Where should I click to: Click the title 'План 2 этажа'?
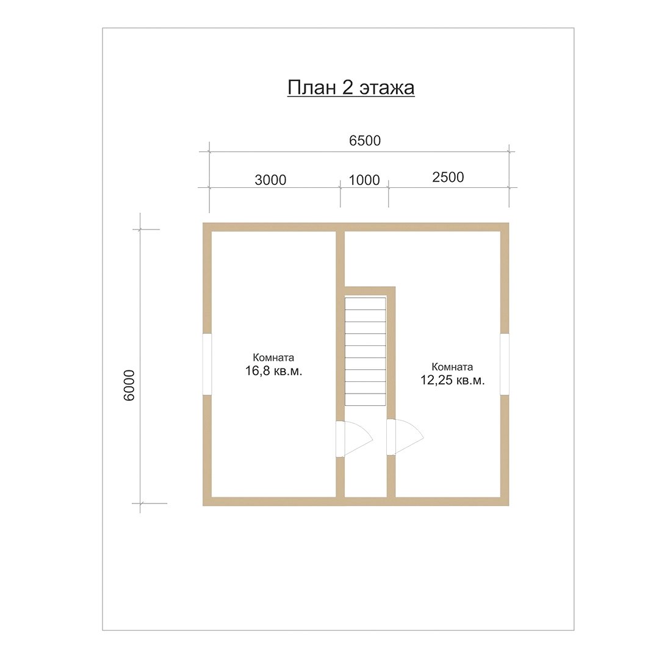click(x=351, y=88)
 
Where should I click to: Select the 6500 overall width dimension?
click(x=365, y=140)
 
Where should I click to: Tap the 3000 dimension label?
click(x=270, y=180)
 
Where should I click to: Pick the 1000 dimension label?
click(x=364, y=180)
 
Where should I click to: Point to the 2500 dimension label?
click(x=448, y=177)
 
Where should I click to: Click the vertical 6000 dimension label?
click(x=129, y=386)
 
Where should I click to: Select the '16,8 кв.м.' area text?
click(x=273, y=371)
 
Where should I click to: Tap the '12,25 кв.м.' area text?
click(x=453, y=380)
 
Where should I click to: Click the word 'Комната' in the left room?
click(x=273, y=358)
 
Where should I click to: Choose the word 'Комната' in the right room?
click(x=452, y=367)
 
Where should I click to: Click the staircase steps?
click(x=366, y=351)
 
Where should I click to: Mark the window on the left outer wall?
click(x=207, y=364)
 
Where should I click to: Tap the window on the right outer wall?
click(x=505, y=364)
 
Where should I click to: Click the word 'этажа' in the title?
click(x=387, y=89)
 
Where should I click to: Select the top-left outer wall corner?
click(x=203, y=223)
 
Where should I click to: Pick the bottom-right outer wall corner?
click(x=508, y=505)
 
